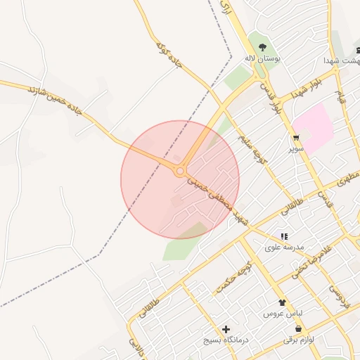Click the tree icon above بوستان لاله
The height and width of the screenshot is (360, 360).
point(262,47)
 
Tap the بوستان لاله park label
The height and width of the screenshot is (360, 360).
point(262,58)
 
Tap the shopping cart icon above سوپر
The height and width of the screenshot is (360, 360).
point(296,137)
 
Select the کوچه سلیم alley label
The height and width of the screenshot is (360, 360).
point(253,148)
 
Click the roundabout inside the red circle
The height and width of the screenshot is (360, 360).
point(181,171)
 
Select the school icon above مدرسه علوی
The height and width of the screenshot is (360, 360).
point(283,237)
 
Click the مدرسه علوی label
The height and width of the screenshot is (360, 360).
point(283,247)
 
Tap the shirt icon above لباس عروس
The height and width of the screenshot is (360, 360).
point(283,302)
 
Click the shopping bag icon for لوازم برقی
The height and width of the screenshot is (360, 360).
point(299,328)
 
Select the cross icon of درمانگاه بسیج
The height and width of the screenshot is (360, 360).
point(226,329)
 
